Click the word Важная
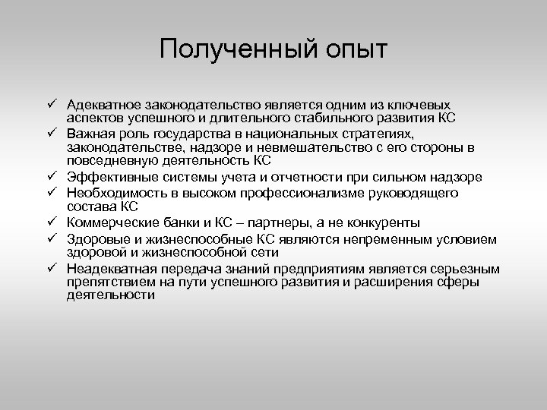point(89,134)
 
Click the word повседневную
point(112,161)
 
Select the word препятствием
point(111,282)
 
